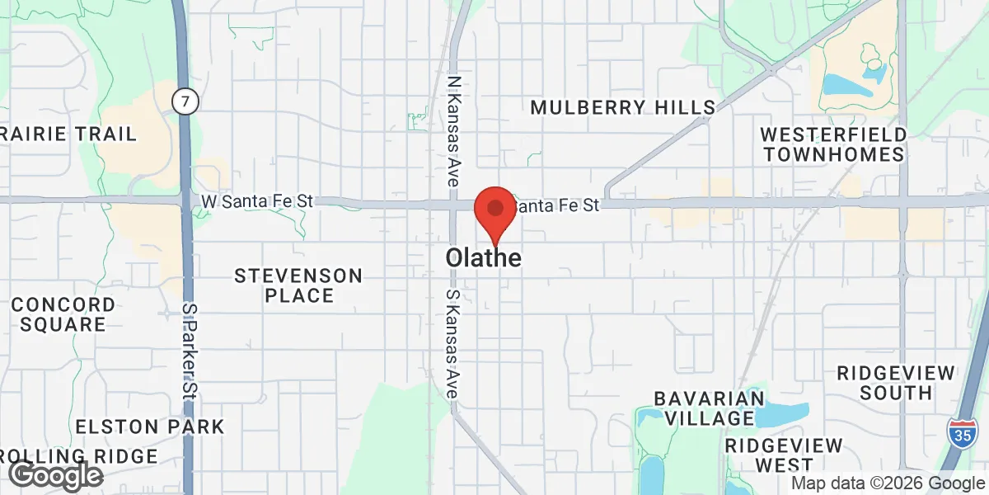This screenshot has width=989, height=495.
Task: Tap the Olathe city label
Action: tap(483, 258)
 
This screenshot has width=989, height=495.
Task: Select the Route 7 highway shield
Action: tap(185, 102)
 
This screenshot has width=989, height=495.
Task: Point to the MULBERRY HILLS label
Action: tap(622, 107)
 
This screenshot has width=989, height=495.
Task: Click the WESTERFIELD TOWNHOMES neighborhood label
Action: tap(832, 144)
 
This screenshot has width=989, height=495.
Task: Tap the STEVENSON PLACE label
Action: tap(298, 285)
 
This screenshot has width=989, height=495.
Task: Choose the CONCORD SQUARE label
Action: tap(63, 314)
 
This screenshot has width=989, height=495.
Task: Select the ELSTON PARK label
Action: tap(149, 427)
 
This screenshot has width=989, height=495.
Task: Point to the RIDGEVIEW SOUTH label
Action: tap(895, 382)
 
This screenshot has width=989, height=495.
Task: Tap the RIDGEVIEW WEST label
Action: tap(784, 455)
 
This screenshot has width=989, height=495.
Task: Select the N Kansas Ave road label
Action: tap(452, 131)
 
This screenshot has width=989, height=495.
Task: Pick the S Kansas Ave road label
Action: tap(452, 345)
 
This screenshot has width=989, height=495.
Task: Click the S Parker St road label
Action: tap(190, 350)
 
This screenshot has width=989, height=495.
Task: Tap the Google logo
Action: tap(55, 475)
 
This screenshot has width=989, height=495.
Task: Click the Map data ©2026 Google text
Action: tap(888, 483)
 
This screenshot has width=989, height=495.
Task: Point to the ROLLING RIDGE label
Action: tap(79, 456)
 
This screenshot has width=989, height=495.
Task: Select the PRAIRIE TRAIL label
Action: tap(58, 134)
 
